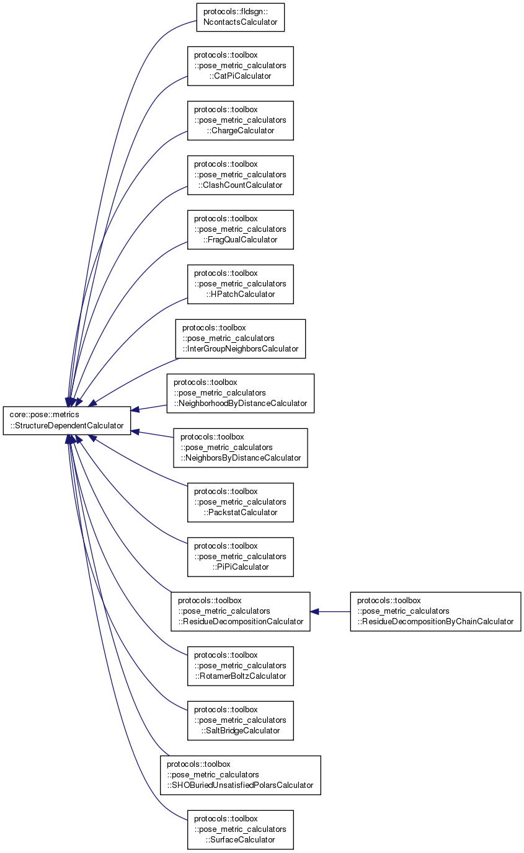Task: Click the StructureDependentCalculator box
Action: (67, 420)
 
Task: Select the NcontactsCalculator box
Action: (240, 18)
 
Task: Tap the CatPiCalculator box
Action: (240, 66)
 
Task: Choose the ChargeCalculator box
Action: (240, 120)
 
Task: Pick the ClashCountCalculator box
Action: (240, 175)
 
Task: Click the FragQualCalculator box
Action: (240, 229)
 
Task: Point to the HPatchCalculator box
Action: (240, 284)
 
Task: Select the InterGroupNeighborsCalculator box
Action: (240, 338)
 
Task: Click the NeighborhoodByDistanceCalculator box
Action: (240, 393)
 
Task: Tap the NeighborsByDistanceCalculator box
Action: (240, 448)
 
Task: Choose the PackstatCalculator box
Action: (240, 502)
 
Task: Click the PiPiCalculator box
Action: (240, 557)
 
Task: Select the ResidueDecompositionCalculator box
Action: (240, 611)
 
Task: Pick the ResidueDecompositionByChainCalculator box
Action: (435, 611)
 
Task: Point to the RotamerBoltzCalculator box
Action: (240, 666)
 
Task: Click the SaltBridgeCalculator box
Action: (240, 720)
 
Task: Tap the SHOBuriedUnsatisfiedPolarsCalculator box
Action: (240, 775)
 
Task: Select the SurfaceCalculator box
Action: (240, 829)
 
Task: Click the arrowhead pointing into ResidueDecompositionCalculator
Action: (314, 611)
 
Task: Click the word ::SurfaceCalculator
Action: (241, 839)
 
